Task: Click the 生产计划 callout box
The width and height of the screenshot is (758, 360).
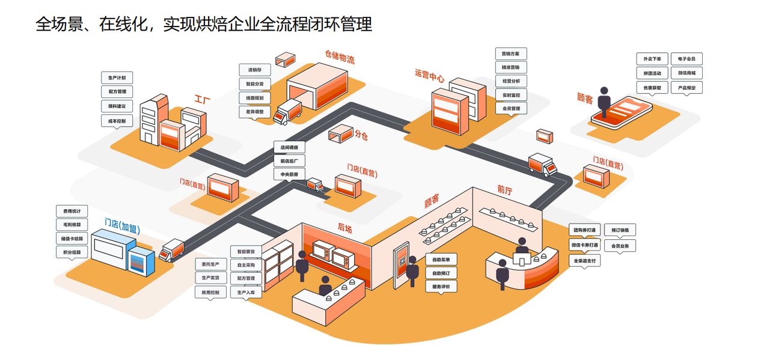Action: (117, 78)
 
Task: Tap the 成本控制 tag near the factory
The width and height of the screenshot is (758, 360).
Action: (117, 121)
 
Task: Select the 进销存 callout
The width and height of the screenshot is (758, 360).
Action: (255, 70)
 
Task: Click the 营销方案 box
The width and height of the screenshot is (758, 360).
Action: (511, 54)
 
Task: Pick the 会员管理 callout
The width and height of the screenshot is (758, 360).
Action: (511, 109)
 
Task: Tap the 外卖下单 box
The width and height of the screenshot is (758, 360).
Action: (652, 59)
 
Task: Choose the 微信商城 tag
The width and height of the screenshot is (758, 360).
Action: (686, 73)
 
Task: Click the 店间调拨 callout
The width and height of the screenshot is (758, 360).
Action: (289, 147)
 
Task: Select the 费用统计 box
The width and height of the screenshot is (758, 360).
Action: (72, 211)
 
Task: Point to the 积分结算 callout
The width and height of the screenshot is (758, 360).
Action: (72, 252)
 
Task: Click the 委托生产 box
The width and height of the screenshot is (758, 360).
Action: (210, 264)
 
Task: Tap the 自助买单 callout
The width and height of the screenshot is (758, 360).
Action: (441, 260)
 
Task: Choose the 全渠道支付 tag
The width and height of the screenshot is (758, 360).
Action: (585, 261)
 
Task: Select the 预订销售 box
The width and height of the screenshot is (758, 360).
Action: (620, 230)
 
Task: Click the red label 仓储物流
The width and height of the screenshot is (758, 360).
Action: (340, 57)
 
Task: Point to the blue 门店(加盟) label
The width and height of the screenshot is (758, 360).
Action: (122, 226)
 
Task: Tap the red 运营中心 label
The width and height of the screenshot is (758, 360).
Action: (429, 76)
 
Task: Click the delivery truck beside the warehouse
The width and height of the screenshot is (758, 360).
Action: (288, 112)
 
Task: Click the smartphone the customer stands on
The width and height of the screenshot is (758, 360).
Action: (622, 114)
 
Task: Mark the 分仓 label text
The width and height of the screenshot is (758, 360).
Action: (361, 135)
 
